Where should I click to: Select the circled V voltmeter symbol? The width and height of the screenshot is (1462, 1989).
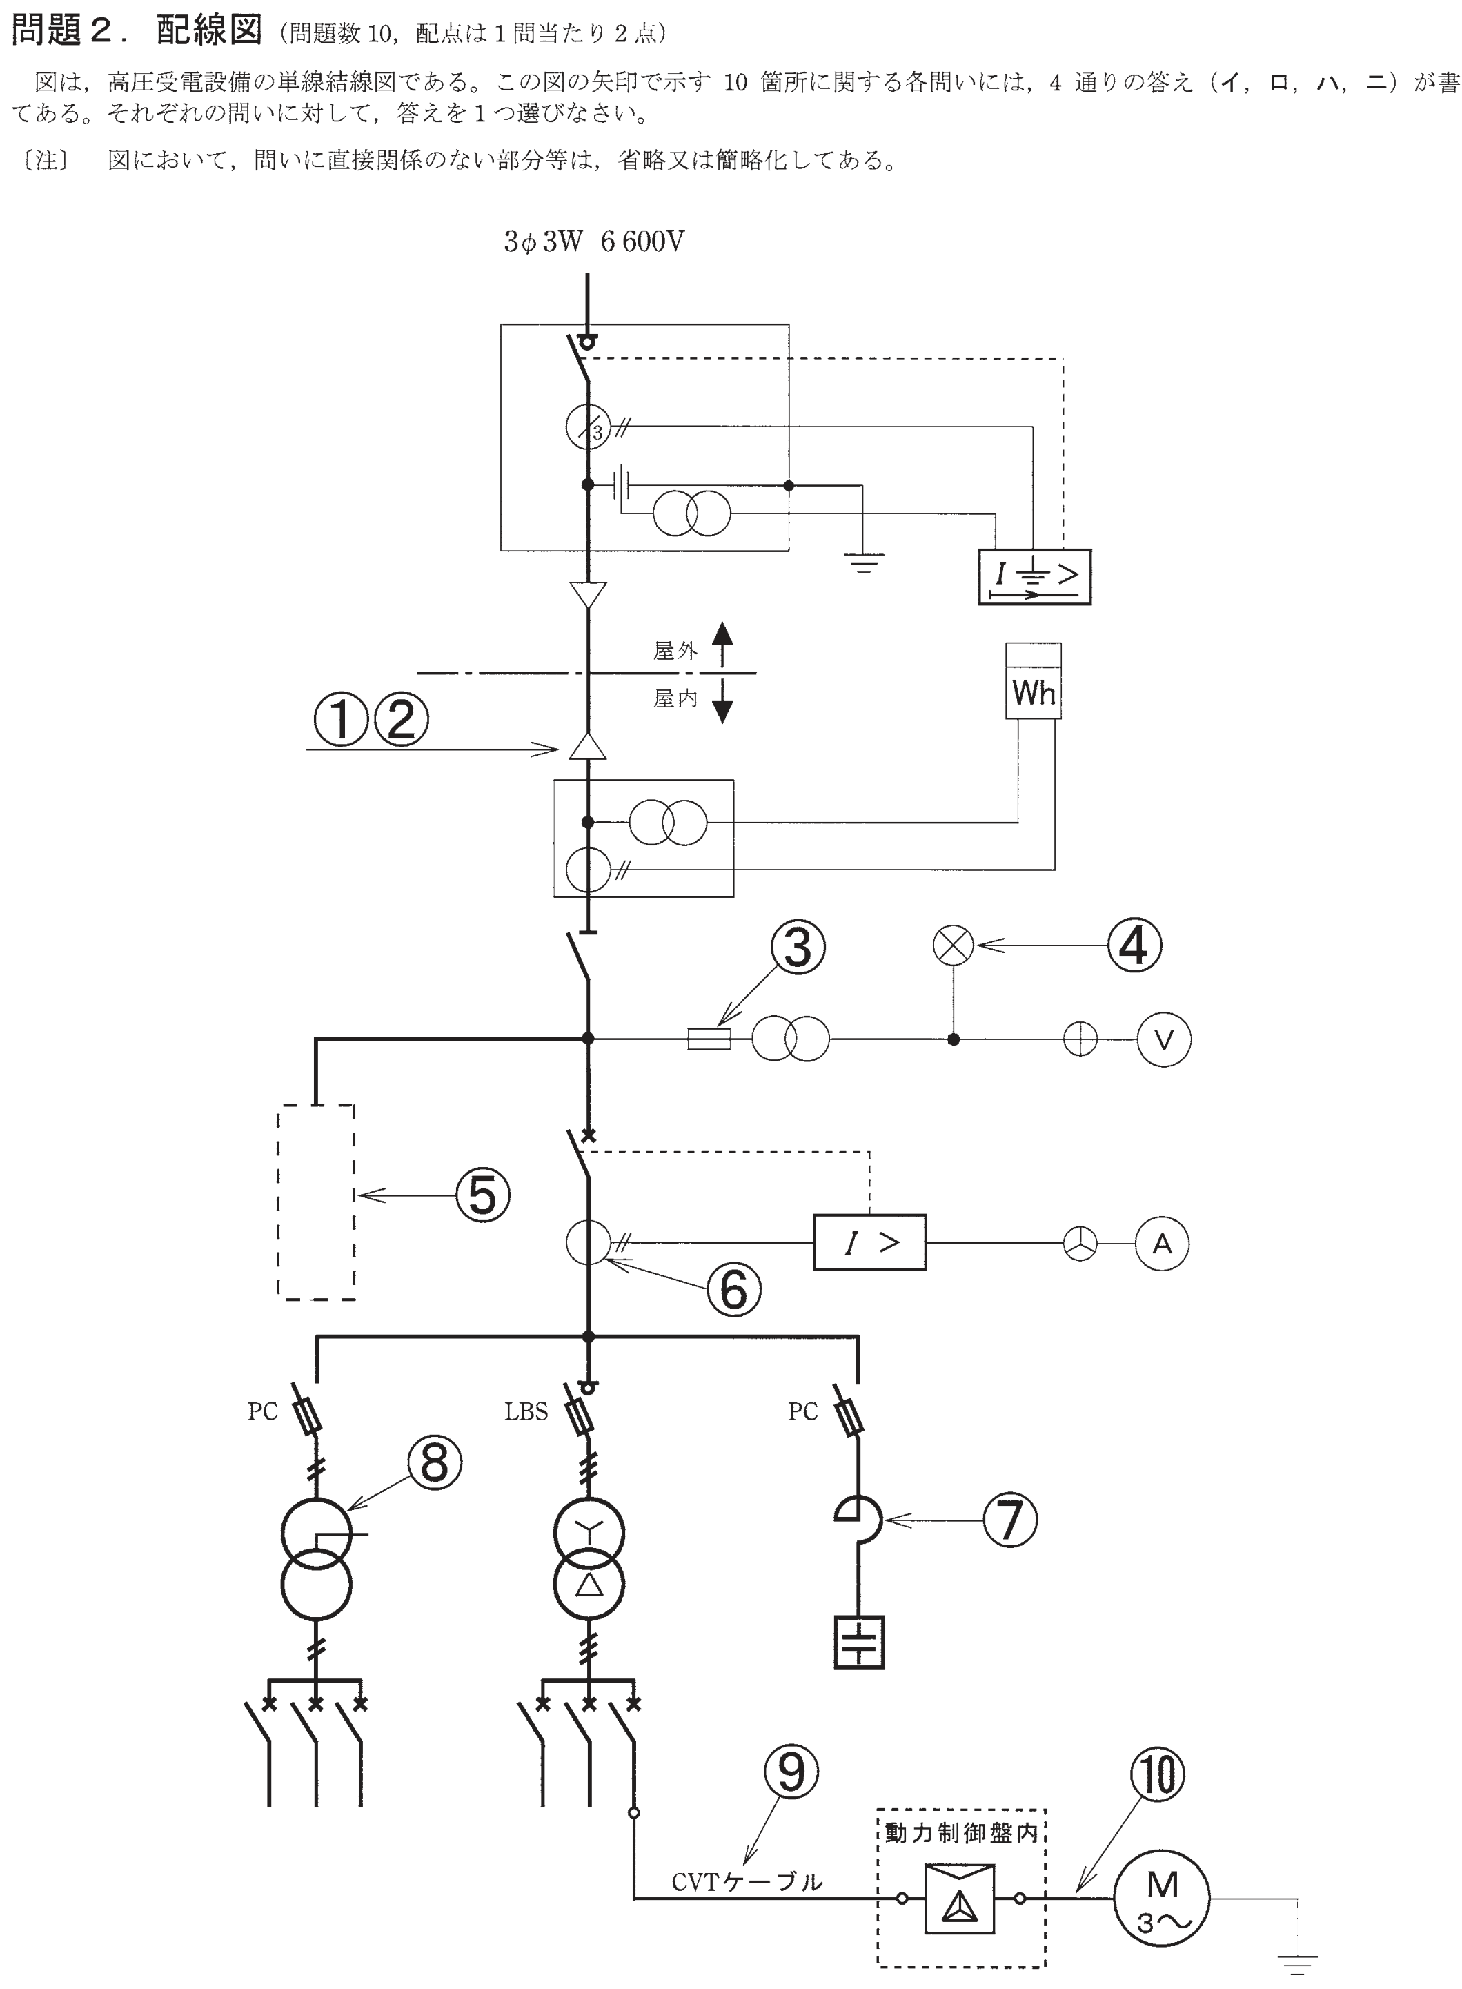[x=1164, y=1039]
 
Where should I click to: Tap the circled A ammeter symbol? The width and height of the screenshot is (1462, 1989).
[x=1162, y=1244]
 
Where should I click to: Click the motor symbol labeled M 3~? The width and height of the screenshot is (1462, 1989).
[x=1161, y=1899]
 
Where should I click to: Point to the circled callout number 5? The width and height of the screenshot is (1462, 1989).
[x=482, y=1195]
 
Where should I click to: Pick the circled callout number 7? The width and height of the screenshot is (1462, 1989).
[x=1010, y=1520]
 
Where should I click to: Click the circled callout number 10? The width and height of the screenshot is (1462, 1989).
[x=1158, y=1774]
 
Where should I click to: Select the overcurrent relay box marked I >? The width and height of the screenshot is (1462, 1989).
[x=869, y=1243]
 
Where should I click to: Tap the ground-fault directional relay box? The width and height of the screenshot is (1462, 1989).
[x=1034, y=576]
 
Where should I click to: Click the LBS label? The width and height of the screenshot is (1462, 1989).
[x=526, y=1412]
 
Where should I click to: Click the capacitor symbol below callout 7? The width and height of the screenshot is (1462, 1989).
[x=858, y=1644]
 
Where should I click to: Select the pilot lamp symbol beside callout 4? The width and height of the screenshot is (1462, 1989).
[x=953, y=945]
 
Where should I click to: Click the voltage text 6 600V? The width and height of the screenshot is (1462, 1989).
[x=642, y=242]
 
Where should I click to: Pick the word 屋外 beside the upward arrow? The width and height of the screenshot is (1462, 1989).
[x=675, y=651]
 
